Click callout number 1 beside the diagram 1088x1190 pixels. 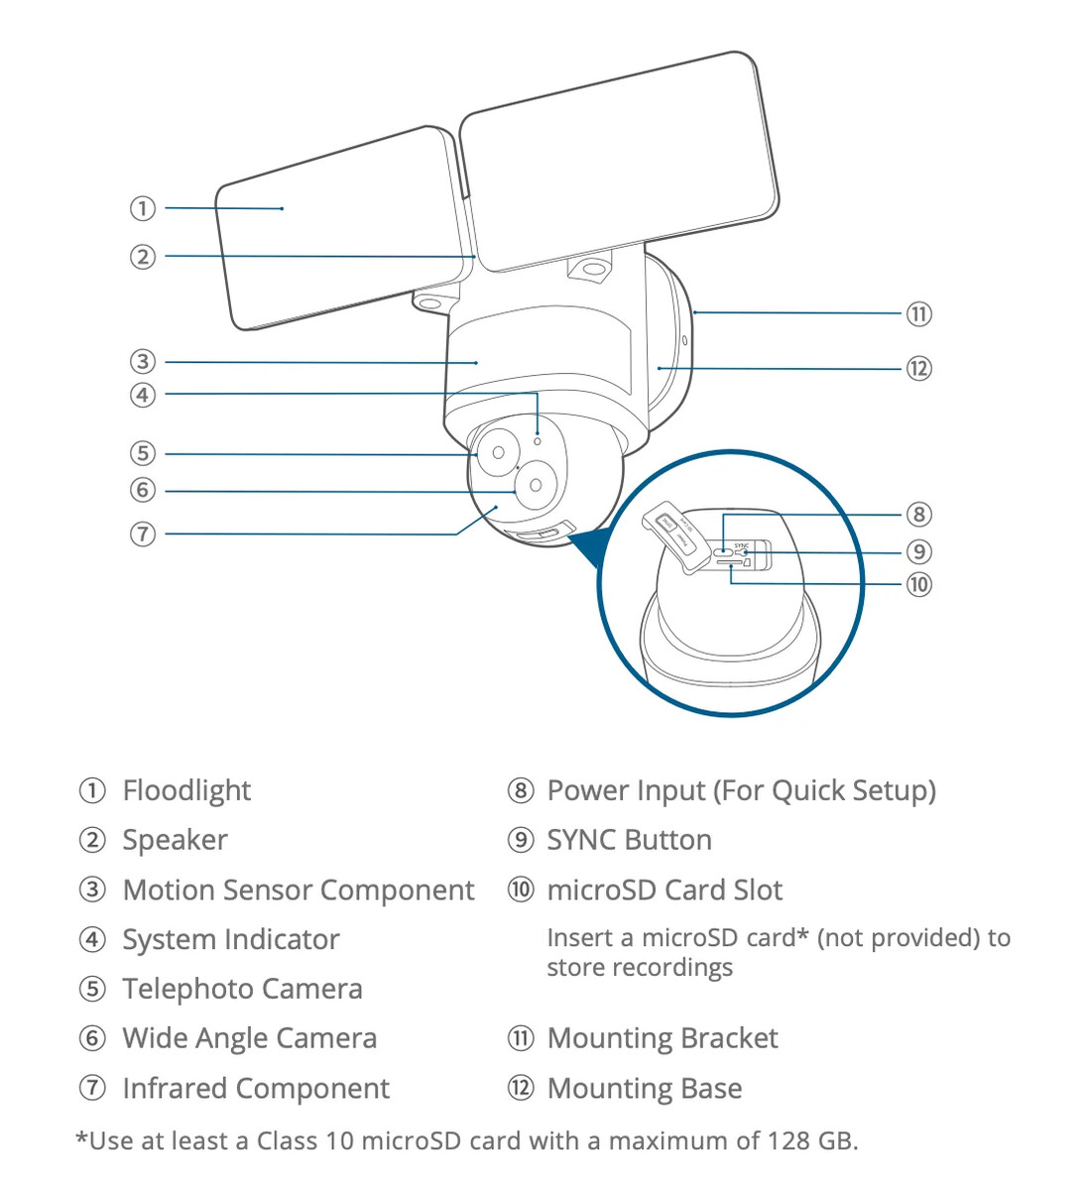click(x=143, y=208)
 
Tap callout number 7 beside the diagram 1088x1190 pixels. click(x=143, y=534)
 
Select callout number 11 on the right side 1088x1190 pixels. click(x=918, y=314)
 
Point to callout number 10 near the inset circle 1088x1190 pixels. click(x=918, y=584)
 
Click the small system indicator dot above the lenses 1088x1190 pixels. click(x=538, y=440)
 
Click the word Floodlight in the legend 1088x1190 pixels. click(x=186, y=790)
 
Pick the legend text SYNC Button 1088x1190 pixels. click(x=629, y=840)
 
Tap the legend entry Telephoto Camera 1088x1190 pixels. click(x=242, y=989)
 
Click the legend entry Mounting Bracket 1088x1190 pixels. click(x=663, y=1038)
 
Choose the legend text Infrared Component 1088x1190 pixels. click(x=256, y=1088)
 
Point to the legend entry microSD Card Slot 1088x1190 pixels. click(x=665, y=890)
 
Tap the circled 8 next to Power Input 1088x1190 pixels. click(x=521, y=790)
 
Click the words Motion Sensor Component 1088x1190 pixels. click(x=298, y=890)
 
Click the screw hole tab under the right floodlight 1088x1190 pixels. click(x=593, y=269)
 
